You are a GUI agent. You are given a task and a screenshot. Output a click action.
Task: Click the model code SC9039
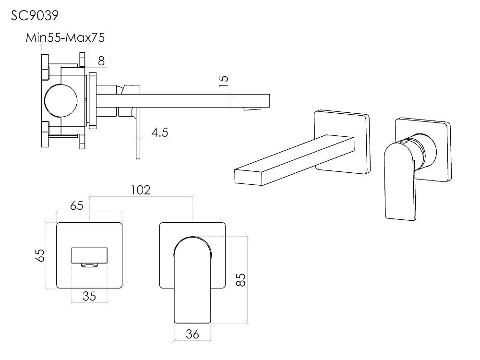point(35,15)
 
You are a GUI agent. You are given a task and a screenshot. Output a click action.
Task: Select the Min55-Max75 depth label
point(65,37)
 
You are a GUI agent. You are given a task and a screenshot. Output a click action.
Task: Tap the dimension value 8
point(101,61)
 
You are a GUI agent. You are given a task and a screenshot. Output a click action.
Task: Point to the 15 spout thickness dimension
point(224,81)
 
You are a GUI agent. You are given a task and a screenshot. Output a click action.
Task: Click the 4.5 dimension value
point(160,132)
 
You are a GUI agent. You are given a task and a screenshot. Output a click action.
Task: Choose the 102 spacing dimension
point(141,190)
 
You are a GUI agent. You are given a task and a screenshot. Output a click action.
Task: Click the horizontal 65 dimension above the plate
point(76,205)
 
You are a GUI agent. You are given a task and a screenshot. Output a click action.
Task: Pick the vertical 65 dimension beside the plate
point(40,255)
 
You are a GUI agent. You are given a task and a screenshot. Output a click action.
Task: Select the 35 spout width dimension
point(89,296)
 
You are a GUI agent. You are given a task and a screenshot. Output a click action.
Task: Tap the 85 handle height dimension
point(241,280)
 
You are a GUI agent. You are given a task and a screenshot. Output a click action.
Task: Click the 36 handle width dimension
point(192,334)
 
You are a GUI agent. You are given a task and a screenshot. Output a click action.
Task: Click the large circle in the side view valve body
point(60,101)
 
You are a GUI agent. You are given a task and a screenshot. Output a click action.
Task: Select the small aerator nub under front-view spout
point(89,265)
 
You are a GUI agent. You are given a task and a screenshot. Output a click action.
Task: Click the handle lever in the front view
point(192,280)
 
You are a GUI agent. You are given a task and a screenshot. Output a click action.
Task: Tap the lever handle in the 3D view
point(400,182)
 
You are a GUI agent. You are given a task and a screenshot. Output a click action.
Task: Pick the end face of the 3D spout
point(249,177)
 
